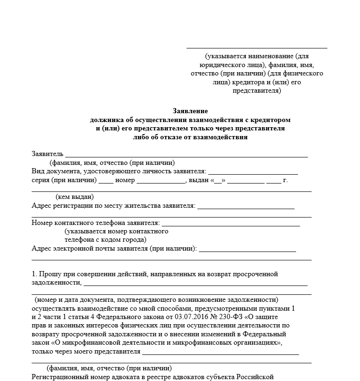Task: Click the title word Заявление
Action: click(190, 111)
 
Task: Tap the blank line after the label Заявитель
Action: click(186, 154)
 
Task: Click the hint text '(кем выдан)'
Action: click(75, 197)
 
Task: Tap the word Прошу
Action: click(49, 274)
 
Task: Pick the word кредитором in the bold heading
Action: click(272, 120)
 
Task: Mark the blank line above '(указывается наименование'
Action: click(256, 47)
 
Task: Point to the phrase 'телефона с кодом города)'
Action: click(105, 239)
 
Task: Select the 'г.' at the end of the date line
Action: click(285, 180)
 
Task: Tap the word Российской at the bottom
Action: click(254, 377)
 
